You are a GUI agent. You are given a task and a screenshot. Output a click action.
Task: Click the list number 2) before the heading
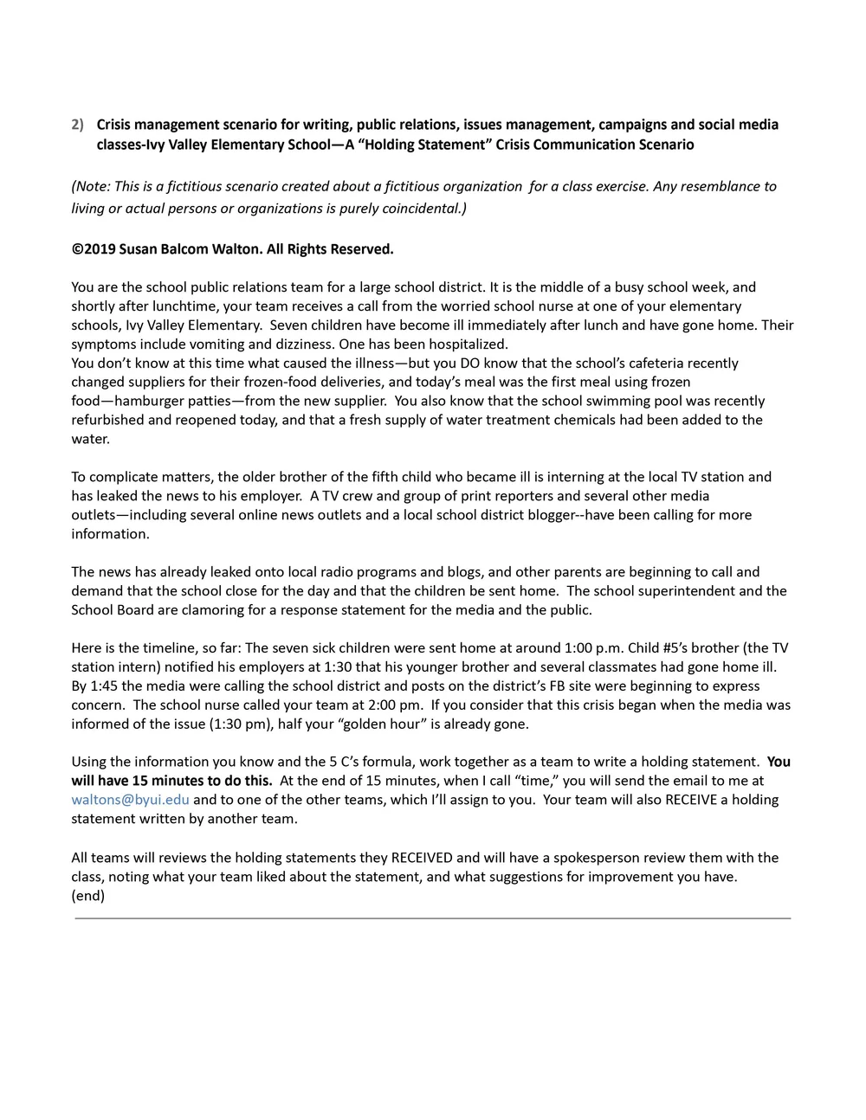pos(77,125)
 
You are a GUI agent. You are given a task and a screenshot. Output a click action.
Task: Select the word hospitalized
pos(465,344)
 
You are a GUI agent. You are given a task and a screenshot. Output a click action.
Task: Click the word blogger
pos(547,515)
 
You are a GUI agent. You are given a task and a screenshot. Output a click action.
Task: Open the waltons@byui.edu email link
pos(130,800)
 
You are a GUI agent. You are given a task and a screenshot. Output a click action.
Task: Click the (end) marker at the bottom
pos(87,896)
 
